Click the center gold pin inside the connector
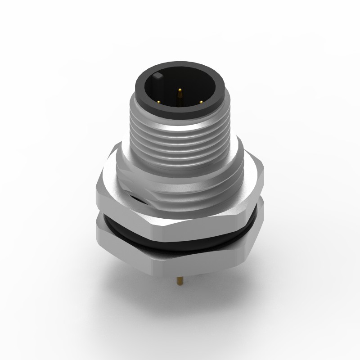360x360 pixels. coord(180,95)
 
